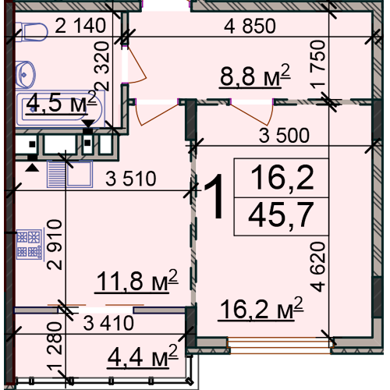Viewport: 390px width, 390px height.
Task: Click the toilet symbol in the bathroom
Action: coord(32,32)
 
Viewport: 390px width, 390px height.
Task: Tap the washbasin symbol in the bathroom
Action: coord(25,75)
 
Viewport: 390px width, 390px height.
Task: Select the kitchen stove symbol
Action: coord(29,244)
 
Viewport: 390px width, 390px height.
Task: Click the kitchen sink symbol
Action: coord(69,174)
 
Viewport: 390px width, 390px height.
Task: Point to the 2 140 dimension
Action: coord(80,26)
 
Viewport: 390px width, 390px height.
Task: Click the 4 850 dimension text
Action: coord(250,26)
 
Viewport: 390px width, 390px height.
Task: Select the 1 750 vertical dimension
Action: coord(317,64)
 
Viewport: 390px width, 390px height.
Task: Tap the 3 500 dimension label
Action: coord(284,136)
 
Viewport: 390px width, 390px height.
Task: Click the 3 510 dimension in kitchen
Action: coord(131,179)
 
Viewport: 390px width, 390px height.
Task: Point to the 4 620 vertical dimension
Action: coord(317,267)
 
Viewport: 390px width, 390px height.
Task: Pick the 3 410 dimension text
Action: coord(108,323)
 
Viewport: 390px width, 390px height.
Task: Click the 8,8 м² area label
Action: coord(255,76)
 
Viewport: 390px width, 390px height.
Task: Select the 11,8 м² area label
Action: coord(136,281)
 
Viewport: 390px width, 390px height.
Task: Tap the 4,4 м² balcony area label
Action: coord(143,356)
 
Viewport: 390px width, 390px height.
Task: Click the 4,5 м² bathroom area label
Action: coord(61,102)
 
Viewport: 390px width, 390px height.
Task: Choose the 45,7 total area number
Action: coord(281,215)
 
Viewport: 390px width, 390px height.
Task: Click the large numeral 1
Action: coord(214,197)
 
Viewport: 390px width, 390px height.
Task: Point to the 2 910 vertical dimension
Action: coord(55,244)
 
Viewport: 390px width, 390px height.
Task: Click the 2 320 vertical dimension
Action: coord(102,66)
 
